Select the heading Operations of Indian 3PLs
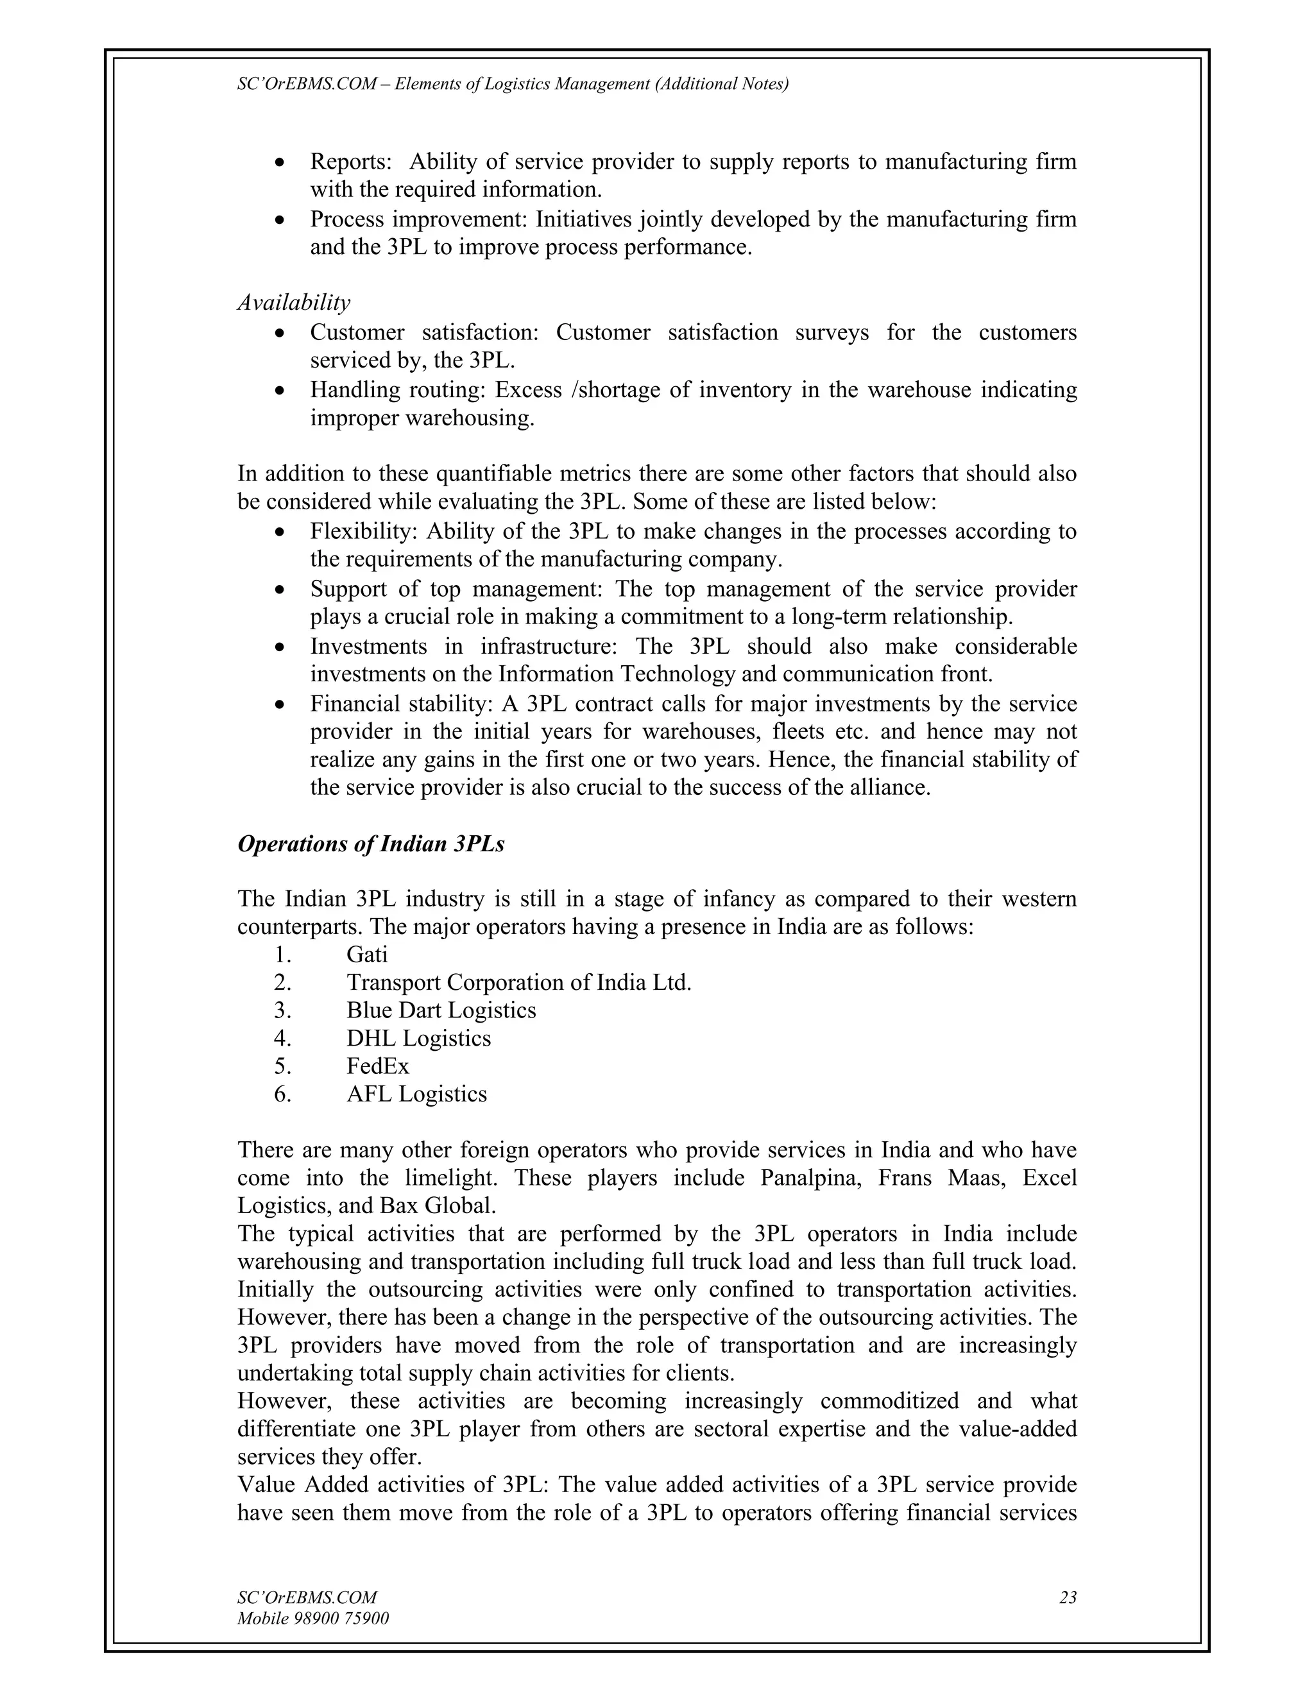371,844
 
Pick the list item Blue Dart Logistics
441,1010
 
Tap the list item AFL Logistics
416,1094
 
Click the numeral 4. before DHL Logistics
282,1039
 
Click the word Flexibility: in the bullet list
364,532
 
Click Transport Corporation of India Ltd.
518,982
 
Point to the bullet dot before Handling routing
280,391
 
